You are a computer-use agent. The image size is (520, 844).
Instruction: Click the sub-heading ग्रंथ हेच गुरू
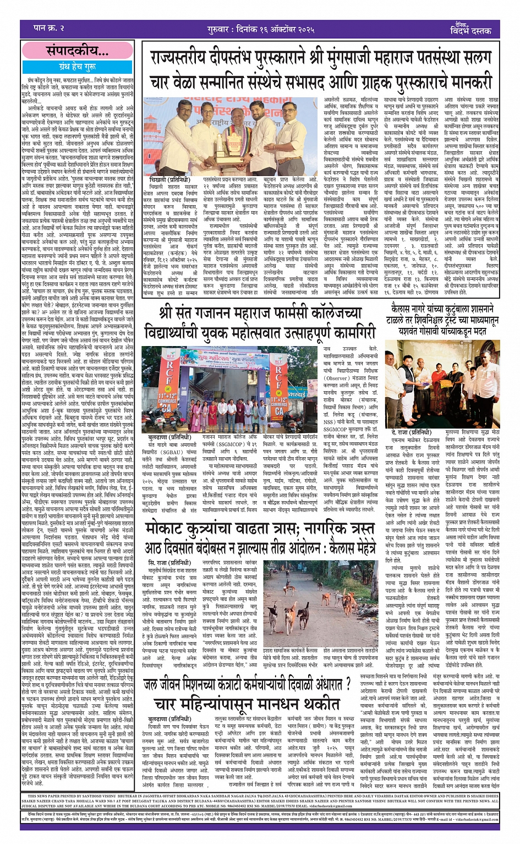pos(77,67)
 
